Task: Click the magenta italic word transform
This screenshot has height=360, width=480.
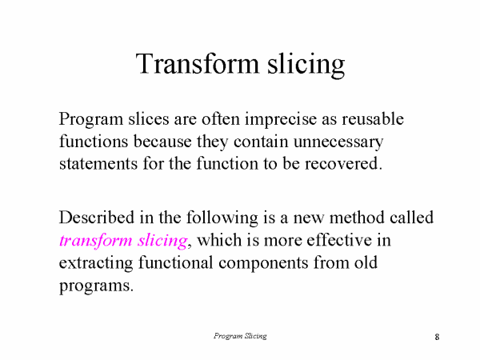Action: [92, 240]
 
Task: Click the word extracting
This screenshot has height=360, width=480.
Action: [96, 263]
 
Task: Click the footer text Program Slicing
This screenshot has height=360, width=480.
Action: [240, 336]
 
